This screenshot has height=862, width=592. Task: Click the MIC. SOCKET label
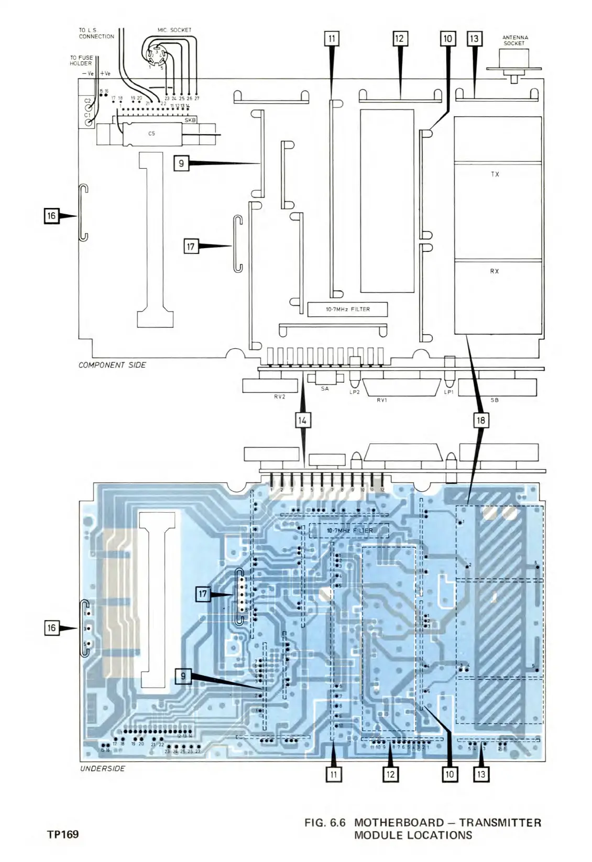click(174, 30)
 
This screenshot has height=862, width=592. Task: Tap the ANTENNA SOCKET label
click(515, 40)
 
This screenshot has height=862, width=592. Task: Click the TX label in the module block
click(495, 174)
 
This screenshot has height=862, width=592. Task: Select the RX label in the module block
click(495, 271)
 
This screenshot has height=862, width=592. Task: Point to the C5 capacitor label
click(151, 134)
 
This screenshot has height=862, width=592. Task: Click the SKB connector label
click(190, 120)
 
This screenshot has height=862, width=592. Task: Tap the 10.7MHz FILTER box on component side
click(348, 310)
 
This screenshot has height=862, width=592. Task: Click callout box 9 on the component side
click(181, 163)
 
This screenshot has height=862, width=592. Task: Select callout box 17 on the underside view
click(203, 594)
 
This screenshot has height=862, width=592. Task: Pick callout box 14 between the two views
click(302, 420)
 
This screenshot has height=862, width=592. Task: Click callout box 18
click(481, 420)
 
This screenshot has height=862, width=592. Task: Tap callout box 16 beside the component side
click(51, 216)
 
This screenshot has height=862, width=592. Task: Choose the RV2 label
click(279, 397)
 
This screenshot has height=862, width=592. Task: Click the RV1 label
click(382, 401)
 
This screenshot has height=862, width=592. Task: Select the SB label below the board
click(494, 401)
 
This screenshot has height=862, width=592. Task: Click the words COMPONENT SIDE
click(112, 365)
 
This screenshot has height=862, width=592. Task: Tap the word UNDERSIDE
click(103, 769)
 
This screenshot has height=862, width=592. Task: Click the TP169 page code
click(63, 834)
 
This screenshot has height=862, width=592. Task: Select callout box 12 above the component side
click(400, 39)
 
